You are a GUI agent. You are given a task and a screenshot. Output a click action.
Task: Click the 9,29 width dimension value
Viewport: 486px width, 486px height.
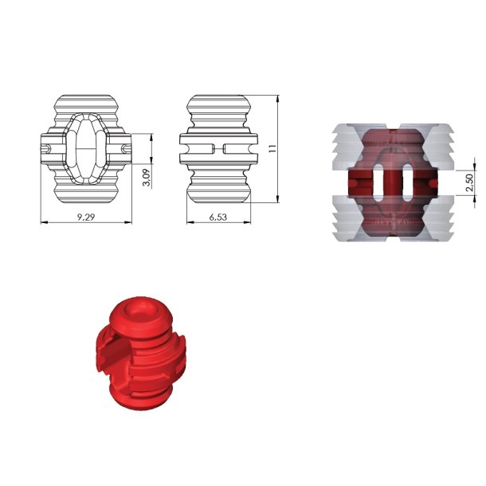[x=86, y=217]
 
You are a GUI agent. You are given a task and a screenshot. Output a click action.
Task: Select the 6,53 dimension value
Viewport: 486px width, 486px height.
[x=218, y=217]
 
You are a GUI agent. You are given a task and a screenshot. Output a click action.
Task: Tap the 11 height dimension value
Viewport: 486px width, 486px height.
[x=272, y=148]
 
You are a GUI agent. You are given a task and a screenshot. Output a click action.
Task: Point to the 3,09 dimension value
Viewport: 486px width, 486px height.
[x=147, y=178]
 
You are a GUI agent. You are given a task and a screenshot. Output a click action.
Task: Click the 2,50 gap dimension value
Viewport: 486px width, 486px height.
[x=469, y=182]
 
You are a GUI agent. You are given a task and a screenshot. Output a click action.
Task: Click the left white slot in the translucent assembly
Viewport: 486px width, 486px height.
[x=378, y=182]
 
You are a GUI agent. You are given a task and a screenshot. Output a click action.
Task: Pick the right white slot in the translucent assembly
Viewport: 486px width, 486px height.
[x=407, y=182]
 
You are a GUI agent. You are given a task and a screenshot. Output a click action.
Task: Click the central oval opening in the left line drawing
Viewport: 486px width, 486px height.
[x=87, y=148]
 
